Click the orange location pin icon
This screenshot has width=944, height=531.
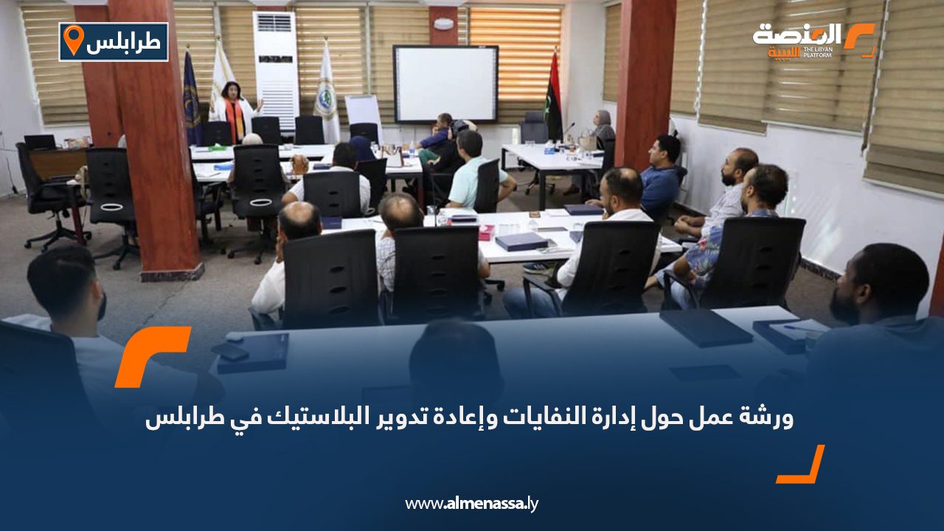[74, 40]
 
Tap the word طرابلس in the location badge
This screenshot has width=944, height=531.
[123, 43]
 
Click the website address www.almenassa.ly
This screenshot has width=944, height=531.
[471, 504]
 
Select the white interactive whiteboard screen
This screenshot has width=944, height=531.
[445, 84]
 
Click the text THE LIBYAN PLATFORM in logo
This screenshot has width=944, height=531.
[817, 52]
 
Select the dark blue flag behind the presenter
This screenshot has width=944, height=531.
[192, 98]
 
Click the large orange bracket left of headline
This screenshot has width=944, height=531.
[153, 356]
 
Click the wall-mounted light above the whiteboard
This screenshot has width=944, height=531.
[443, 24]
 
